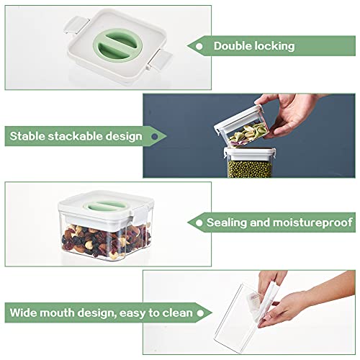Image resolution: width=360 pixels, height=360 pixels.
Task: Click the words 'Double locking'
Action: (254, 46)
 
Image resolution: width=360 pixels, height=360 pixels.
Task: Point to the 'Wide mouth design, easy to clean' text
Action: (101, 313)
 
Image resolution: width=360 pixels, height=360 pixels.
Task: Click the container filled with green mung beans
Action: (249, 164)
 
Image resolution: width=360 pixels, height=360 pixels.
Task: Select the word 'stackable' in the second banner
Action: (74, 135)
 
